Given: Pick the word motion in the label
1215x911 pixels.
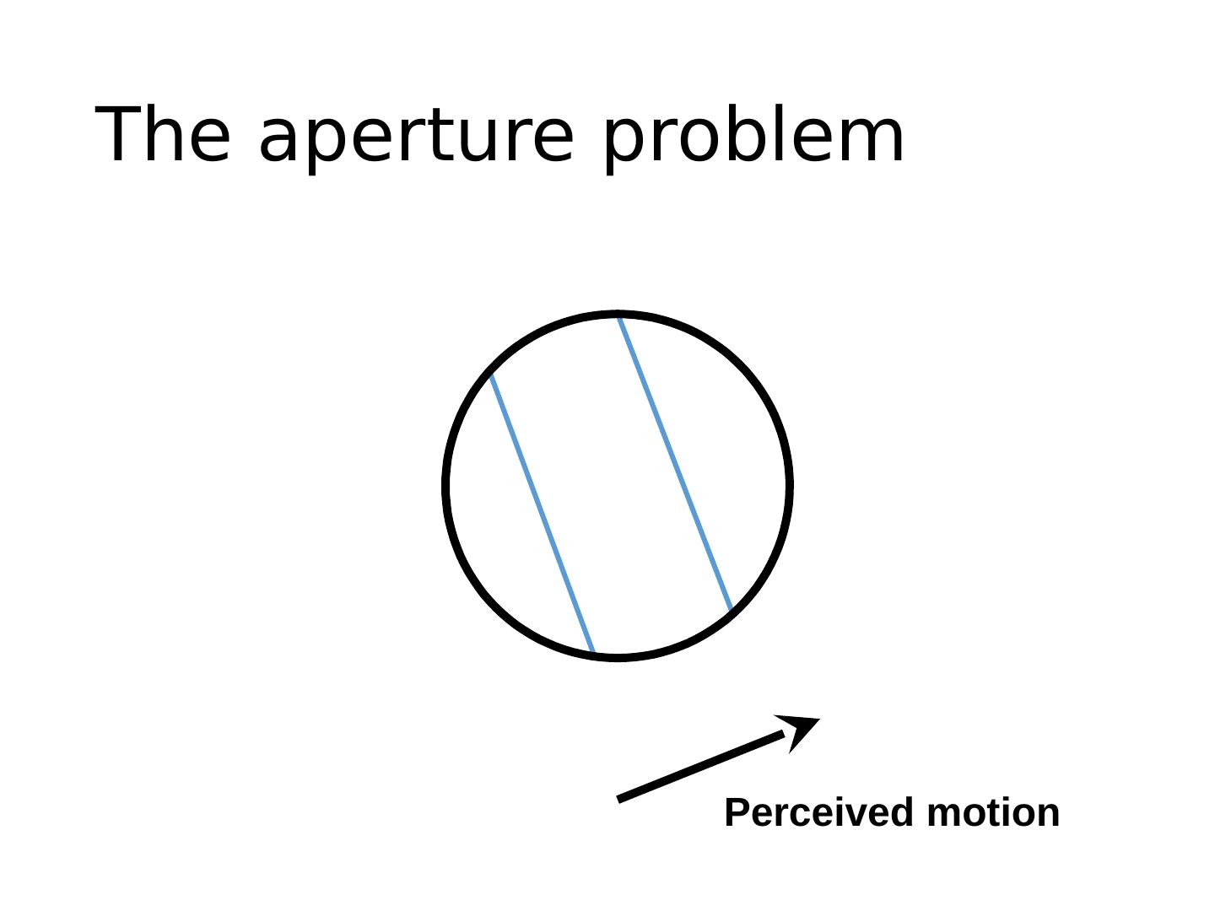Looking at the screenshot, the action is [x=993, y=813].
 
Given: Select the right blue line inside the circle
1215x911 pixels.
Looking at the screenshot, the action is [x=675, y=462].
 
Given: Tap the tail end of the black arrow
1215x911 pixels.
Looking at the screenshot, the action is [x=621, y=798].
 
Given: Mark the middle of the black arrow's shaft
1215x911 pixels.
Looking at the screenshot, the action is [x=702, y=766].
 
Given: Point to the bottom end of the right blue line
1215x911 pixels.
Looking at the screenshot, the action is [x=730, y=608].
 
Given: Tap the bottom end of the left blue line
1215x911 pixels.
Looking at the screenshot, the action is [x=593, y=651].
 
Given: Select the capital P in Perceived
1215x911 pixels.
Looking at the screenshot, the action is [x=737, y=813].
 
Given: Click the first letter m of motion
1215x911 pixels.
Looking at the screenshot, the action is [x=943, y=815].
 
